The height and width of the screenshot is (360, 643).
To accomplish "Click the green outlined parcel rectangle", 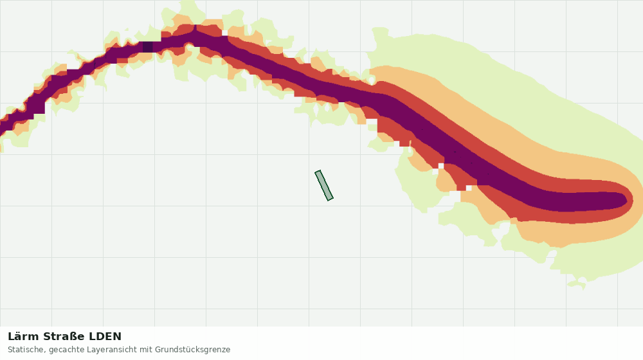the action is click(324, 186).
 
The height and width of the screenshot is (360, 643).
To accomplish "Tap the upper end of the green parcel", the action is click(318, 172).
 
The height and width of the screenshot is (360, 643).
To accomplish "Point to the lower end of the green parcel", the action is click(330, 199).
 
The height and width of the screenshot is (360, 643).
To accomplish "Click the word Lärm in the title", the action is click(24, 337).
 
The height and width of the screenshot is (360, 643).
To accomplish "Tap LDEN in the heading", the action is click(105, 337).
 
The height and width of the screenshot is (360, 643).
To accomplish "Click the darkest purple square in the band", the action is click(148, 47).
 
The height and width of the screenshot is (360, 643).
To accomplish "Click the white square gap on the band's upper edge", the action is click(224, 33).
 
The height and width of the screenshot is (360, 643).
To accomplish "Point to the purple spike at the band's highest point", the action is click(195, 30).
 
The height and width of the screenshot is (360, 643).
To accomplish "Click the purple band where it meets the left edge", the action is click(3, 126).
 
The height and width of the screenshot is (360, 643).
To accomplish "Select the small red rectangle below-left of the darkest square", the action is click(122, 60).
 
